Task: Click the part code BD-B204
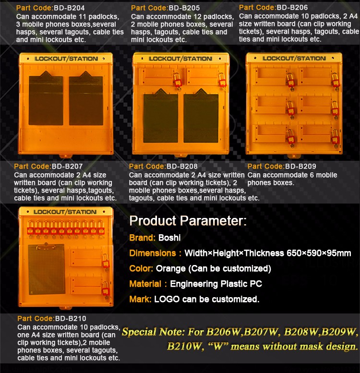coord(69,8)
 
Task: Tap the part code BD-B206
coord(292,8)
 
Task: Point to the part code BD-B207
coord(67,166)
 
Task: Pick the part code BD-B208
coord(182,166)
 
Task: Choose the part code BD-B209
coord(300,166)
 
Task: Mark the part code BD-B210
coord(71,319)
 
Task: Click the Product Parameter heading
coord(188,221)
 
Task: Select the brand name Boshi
coord(169,238)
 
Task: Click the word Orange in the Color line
coord(170,268)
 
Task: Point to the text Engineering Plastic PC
coord(216,284)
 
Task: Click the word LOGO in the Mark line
coord(167,299)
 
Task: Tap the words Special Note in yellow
coord(153,332)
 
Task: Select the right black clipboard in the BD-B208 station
coord(201,116)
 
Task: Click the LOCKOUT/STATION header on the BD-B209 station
coord(294,59)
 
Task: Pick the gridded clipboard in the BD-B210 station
coord(47,269)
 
